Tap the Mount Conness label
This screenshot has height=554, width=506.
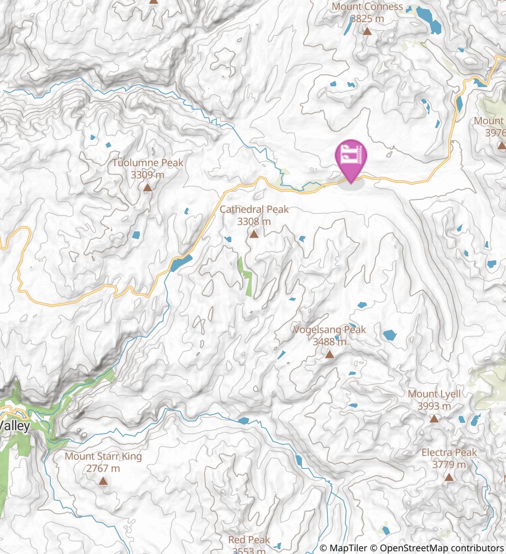[x=367, y=7]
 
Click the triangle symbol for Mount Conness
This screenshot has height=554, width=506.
[x=367, y=31]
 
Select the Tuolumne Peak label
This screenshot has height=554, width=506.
[x=148, y=163]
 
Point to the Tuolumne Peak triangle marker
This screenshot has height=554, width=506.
[x=147, y=187]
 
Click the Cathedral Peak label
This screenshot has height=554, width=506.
[x=254, y=210]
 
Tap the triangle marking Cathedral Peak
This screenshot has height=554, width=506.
[x=253, y=235]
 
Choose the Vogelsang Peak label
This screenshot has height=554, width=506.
[x=330, y=330]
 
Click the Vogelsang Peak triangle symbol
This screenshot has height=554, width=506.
[x=329, y=355]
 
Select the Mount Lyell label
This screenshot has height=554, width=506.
[x=434, y=394]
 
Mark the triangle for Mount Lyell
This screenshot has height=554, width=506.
[x=434, y=419]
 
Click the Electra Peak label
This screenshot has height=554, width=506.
[x=449, y=452]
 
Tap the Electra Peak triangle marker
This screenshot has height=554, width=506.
[x=449, y=477]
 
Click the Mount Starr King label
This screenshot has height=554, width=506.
[x=103, y=456]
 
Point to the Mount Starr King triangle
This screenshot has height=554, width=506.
[x=103, y=482]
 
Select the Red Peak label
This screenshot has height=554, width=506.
[x=249, y=540]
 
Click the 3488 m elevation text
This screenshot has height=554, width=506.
[x=329, y=342]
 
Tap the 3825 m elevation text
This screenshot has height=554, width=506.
[x=367, y=19]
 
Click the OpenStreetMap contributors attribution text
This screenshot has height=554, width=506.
[x=441, y=548]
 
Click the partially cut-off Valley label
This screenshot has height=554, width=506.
[x=15, y=425]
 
